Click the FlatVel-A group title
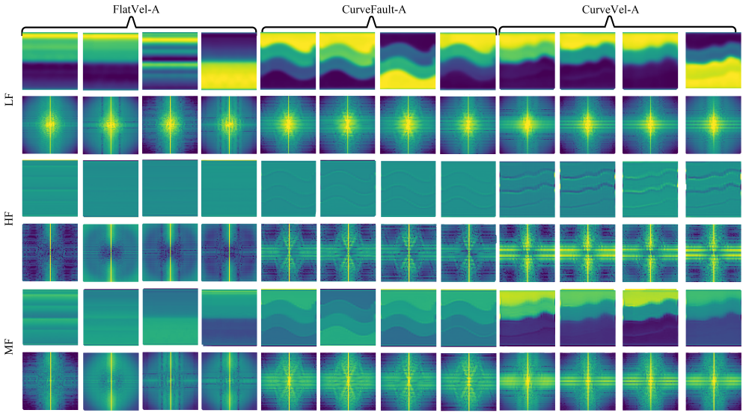coord(135,9)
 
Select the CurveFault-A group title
coord(374,9)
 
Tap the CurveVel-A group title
coord(611,9)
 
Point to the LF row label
coord(9,100)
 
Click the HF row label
coord(9,218)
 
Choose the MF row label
coord(9,348)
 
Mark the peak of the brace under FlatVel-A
coord(132,19)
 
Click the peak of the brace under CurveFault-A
coord(373,19)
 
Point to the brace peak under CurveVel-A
coord(611,19)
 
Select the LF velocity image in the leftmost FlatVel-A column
coord(50,61)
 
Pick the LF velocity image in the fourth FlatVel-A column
coord(229,61)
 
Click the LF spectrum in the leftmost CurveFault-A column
coord(288,125)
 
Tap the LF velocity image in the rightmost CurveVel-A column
coord(713,61)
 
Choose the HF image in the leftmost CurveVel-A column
coord(528,189)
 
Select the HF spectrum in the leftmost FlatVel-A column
coord(50,253)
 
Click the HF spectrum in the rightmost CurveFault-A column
coord(468,253)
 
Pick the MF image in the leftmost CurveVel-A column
coord(528,317)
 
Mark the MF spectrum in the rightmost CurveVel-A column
coord(713,382)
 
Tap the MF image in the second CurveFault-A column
coord(348,317)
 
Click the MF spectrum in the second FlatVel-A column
coord(111,382)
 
